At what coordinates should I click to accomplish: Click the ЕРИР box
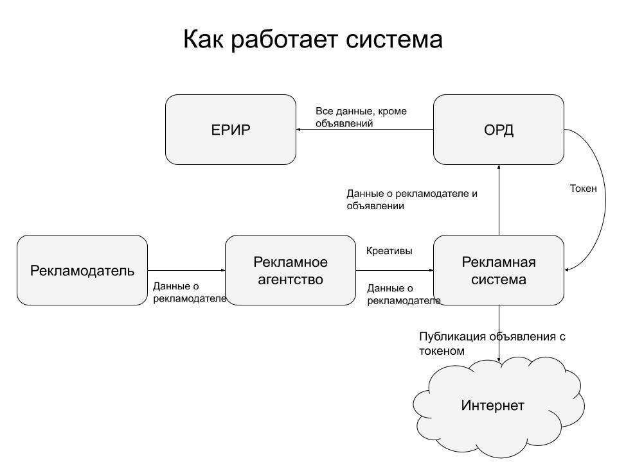(x=231, y=130)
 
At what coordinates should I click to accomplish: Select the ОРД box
(x=499, y=130)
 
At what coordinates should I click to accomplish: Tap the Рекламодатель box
(x=82, y=270)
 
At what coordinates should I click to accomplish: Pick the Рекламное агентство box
(x=291, y=270)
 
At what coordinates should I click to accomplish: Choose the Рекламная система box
(x=499, y=270)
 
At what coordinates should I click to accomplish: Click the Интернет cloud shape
(x=493, y=406)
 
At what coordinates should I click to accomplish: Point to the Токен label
(x=584, y=189)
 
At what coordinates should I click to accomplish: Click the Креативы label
(x=389, y=251)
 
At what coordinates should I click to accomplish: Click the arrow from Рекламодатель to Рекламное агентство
(x=186, y=270)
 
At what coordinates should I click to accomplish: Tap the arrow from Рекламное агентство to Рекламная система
(x=395, y=270)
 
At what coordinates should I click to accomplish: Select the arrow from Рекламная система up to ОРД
(x=499, y=200)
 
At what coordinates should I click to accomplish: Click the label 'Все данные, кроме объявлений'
(x=361, y=117)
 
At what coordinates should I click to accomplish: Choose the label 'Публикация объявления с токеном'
(x=492, y=343)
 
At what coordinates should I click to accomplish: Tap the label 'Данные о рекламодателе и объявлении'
(x=411, y=200)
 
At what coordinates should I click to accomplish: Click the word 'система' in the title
(x=395, y=40)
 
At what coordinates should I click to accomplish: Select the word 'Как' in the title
(x=203, y=40)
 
